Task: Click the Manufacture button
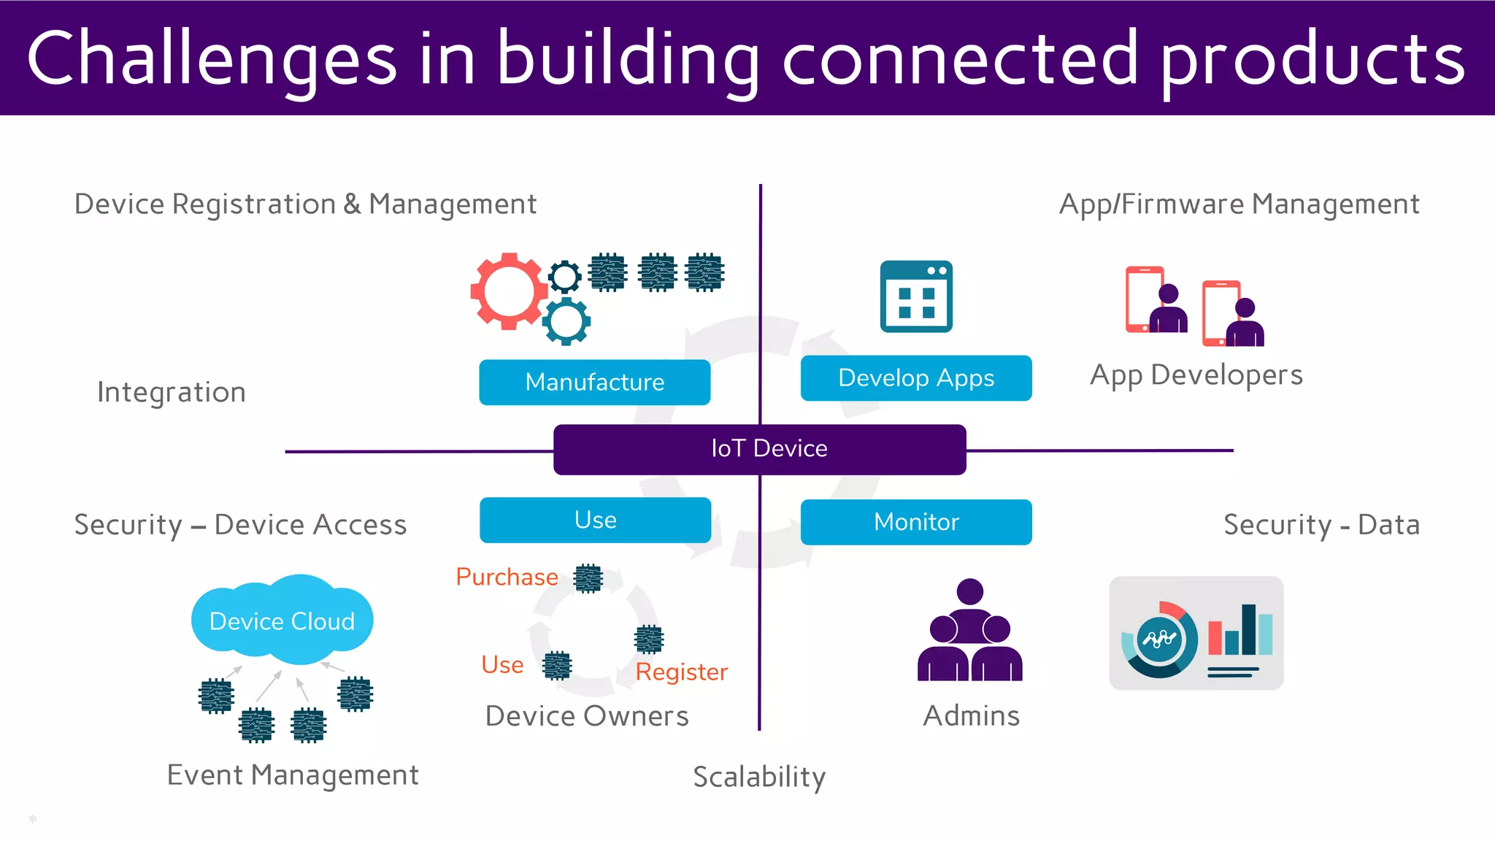pyautogui.click(x=594, y=382)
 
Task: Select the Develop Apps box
pyautogui.click(x=915, y=378)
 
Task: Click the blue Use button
pyautogui.click(x=595, y=520)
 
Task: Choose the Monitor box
pyautogui.click(x=915, y=522)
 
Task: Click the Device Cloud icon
pyautogui.click(x=282, y=620)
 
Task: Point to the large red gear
pyautogui.click(x=508, y=291)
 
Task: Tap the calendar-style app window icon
pyautogui.click(x=916, y=296)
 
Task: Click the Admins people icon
pyautogui.click(x=969, y=631)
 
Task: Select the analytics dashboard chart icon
pyautogui.click(x=1196, y=633)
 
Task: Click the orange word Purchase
pyautogui.click(x=507, y=577)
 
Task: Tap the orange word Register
pyautogui.click(x=681, y=672)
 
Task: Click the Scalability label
pyautogui.click(x=759, y=777)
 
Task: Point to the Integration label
pyautogui.click(x=172, y=392)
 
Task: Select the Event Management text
pyautogui.click(x=293, y=775)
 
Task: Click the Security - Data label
pyautogui.click(x=1321, y=525)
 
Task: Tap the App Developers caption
pyautogui.click(x=1196, y=375)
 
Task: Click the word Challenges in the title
pyautogui.click(x=212, y=58)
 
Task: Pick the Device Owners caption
pyautogui.click(x=587, y=716)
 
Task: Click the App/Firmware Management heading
pyautogui.click(x=1239, y=204)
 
